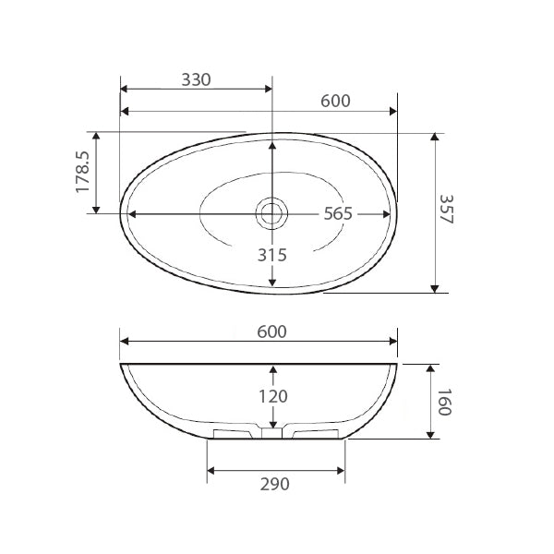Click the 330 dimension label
point(196,79)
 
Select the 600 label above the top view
point(335,102)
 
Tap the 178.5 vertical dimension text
point(82,173)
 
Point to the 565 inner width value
point(339,213)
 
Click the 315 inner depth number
point(272,255)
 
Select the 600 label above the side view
point(272,331)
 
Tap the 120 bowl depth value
point(272,396)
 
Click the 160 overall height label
point(444,402)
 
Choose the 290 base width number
point(275,484)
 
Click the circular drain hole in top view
point(271,213)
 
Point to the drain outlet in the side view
point(271,432)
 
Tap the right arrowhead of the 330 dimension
point(267,90)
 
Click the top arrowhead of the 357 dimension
point(434,137)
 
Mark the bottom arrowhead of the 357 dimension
point(434,288)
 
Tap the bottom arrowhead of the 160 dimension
point(431,434)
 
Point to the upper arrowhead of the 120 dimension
point(272,369)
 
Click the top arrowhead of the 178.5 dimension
point(96,135)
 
